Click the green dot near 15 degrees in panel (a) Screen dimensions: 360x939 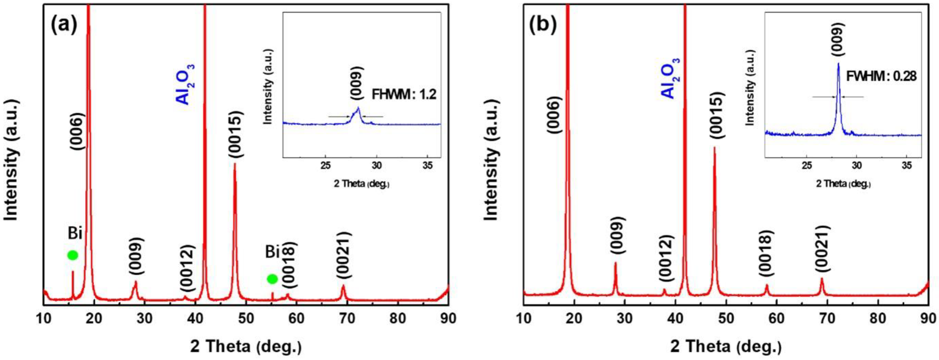[x=72, y=255]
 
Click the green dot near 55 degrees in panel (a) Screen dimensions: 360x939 [x=272, y=279]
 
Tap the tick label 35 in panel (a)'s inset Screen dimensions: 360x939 [x=427, y=165]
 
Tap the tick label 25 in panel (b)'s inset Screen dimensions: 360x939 [x=807, y=165]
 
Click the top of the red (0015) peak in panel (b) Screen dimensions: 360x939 [x=714, y=147]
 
